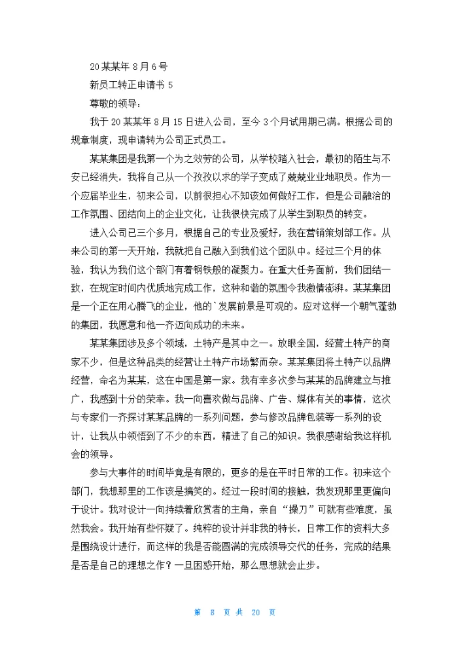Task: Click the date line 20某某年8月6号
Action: [128, 66]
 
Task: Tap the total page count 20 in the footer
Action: [256, 612]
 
